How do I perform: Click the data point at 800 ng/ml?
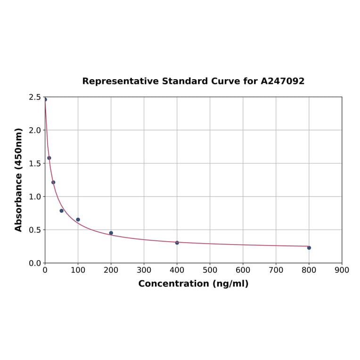pos(309,248)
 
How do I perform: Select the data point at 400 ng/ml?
pos(177,243)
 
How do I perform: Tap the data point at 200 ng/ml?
pos(111,233)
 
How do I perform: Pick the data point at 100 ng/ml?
pos(78,220)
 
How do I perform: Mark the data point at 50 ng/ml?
pos(62,211)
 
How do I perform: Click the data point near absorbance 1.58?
pos(49,158)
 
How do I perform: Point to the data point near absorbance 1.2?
pos(53,182)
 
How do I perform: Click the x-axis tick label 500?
pos(210,270)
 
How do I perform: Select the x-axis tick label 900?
pos(342,270)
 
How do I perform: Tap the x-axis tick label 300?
pos(144,270)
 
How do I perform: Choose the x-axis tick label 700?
pos(276,270)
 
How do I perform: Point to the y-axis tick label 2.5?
pos(35,97)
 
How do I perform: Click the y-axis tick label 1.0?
pos(35,196)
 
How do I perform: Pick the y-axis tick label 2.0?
pos(35,130)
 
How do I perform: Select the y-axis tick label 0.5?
pos(35,230)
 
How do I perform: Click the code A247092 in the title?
pos(283,81)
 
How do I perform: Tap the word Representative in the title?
pos(120,81)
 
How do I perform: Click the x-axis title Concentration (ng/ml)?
pos(193,284)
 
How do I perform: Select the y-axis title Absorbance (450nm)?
pos(19,180)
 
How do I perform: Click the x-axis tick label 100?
pos(78,270)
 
